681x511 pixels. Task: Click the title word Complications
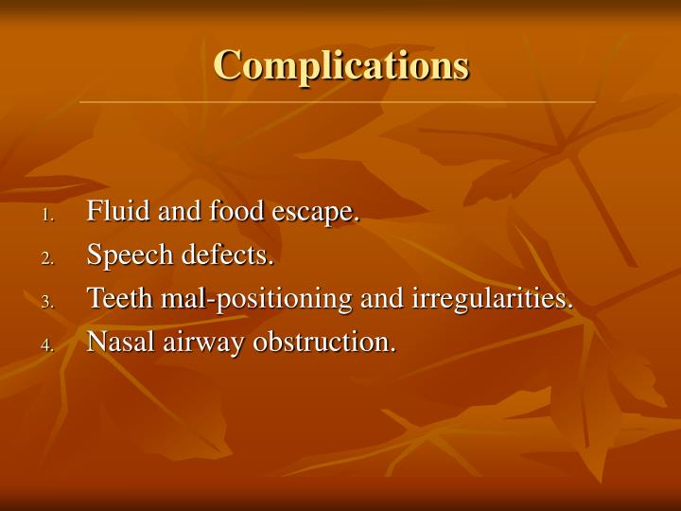click(340, 64)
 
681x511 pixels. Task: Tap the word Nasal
click(114, 343)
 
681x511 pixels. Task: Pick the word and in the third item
click(382, 299)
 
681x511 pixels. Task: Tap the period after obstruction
click(393, 350)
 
